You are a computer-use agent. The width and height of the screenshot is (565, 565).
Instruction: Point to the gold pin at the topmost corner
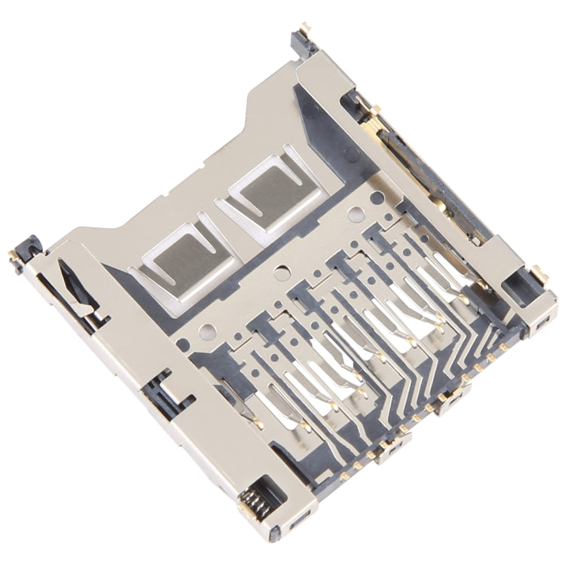pos(304,28)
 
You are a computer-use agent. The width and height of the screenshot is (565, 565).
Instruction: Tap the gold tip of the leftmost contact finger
pos(258,422)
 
